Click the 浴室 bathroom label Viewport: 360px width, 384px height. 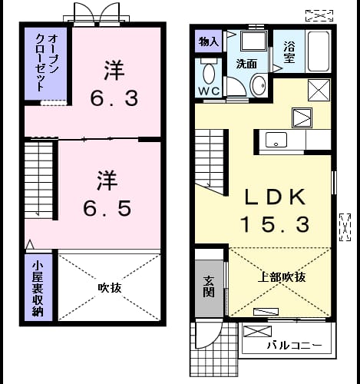(289, 52)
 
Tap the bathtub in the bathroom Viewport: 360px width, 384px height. (318, 51)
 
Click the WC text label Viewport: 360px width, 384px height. (209, 91)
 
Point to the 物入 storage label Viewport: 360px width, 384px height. (209, 41)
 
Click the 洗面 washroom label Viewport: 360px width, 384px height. (246, 64)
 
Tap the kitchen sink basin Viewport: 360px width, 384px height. (276, 140)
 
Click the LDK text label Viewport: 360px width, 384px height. (276, 197)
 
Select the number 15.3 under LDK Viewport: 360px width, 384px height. (275, 224)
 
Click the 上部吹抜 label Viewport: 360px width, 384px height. (282, 277)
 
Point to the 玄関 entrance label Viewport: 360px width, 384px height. (209, 286)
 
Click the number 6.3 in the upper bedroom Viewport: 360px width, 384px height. (114, 98)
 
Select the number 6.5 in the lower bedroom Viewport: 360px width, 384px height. (107, 208)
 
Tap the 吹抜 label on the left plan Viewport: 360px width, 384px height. (110, 288)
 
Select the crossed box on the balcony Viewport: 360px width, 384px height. (257, 332)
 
